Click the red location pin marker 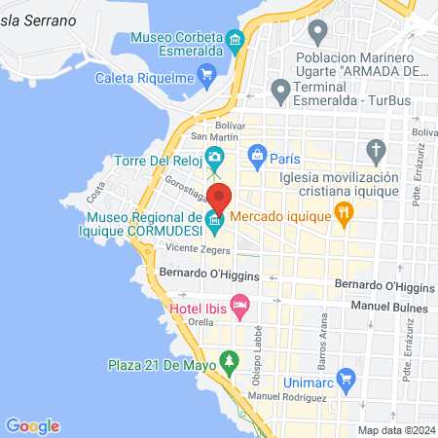click(219, 198)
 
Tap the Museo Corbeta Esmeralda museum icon click(235, 40)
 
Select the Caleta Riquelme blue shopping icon click(205, 74)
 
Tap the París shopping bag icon click(257, 154)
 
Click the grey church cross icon click(377, 151)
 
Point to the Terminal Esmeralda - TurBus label click(361, 93)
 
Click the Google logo click(32, 425)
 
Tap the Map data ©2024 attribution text click(395, 430)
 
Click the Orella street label click(201, 321)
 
